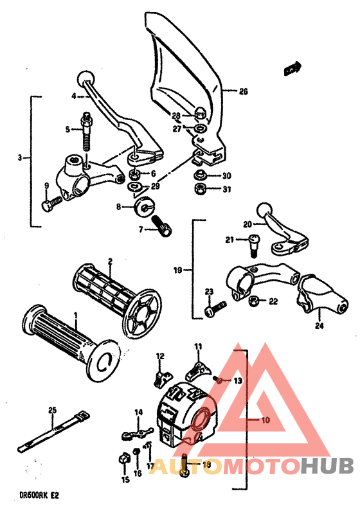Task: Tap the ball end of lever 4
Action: coord(84,78)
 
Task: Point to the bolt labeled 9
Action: coord(50,204)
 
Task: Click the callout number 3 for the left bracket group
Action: coord(20,157)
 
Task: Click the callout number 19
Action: coord(177,271)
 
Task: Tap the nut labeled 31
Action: coord(199,189)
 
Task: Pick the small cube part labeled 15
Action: coord(121,459)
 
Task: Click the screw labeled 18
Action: coord(185,468)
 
